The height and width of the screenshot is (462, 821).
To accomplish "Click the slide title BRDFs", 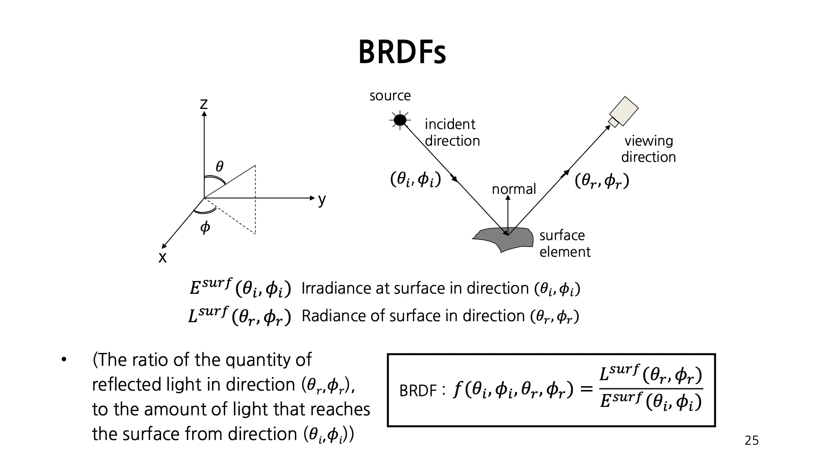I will point(402,53).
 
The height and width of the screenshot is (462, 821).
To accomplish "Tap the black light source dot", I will point(400,120).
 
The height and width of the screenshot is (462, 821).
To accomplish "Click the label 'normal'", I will point(514,189).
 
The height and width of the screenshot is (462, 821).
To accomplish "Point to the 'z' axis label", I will point(204,104).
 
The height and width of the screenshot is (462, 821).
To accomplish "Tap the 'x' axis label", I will point(162,257).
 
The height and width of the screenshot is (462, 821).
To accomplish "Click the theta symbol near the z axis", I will point(219,166).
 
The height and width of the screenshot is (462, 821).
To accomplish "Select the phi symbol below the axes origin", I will point(205,227).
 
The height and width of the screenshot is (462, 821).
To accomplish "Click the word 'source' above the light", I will point(390,96).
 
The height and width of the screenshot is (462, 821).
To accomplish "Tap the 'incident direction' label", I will point(452,133).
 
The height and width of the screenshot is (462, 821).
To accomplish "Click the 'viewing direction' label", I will point(648,149).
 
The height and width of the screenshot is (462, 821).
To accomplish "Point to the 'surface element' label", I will point(564,244).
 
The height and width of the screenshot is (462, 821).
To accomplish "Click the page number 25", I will point(751,441).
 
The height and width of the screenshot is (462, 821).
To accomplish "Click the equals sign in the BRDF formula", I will point(586,390).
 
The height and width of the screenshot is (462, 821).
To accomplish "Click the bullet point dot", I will point(64,360).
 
